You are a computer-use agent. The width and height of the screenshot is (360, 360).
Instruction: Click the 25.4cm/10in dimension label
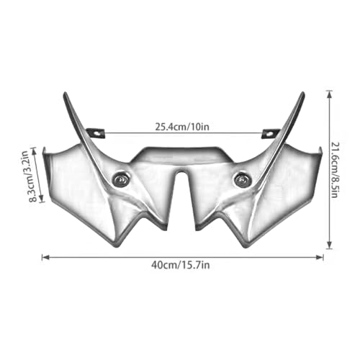(182, 127)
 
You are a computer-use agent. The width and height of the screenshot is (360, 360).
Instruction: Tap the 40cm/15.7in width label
(181, 265)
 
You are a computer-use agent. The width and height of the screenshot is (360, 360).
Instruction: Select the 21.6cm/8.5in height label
(335, 170)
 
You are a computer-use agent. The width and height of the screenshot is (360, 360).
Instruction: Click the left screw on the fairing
(121, 179)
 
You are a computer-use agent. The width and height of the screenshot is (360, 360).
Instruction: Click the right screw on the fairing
(242, 179)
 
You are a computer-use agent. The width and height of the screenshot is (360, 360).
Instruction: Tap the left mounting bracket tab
(96, 132)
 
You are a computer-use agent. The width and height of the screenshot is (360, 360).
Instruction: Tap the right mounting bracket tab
(271, 133)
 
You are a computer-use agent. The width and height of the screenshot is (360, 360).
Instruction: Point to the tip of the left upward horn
(64, 92)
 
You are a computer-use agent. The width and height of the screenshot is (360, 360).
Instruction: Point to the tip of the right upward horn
(303, 93)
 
